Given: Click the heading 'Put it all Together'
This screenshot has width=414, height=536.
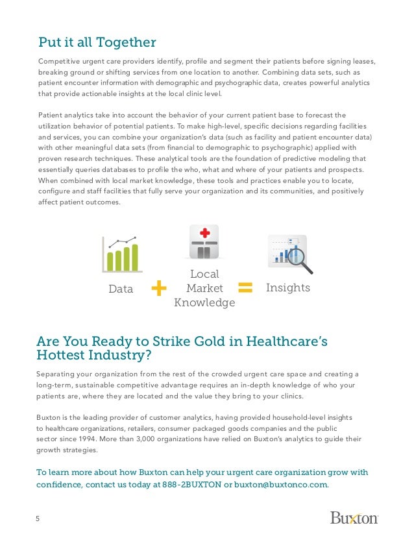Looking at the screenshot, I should [97, 43].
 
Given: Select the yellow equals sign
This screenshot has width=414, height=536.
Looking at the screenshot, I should [245, 287].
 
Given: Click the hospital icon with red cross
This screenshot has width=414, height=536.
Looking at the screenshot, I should [204, 243].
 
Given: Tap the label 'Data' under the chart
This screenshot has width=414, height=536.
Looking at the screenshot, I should [121, 289].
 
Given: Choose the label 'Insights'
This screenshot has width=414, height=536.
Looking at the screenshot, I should [288, 287].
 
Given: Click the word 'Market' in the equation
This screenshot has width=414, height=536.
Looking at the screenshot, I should [204, 288].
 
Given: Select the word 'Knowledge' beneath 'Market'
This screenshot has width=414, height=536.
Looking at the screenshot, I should [204, 302].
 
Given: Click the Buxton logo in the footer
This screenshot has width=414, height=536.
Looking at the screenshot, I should [354, 518].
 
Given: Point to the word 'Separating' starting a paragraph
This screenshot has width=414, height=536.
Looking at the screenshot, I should [60, 374].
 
